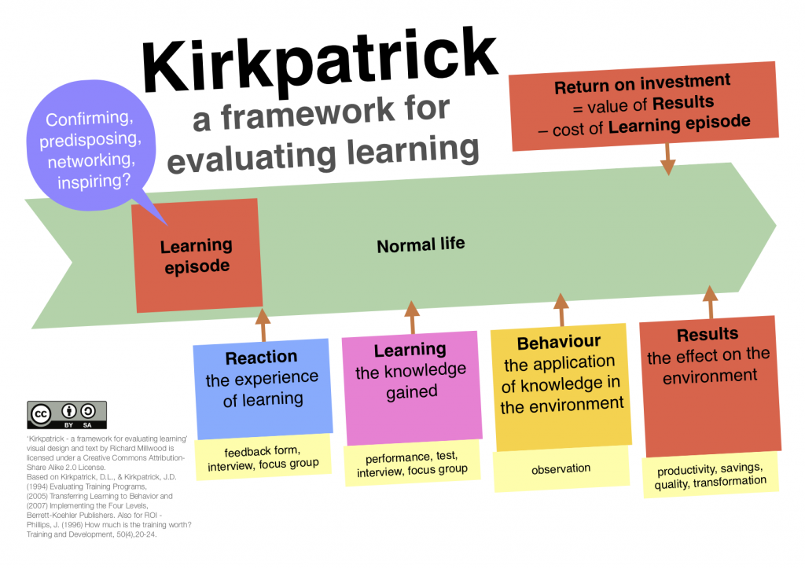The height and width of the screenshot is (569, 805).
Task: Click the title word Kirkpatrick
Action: [319, 61]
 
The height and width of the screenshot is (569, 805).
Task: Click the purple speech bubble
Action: [91, 146]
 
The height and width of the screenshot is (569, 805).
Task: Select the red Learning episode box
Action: [197, 255]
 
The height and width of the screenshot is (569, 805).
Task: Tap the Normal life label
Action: [421, 244]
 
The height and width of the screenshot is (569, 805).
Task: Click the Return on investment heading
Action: [642, 83]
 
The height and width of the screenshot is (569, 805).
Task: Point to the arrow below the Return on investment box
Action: [667, 159]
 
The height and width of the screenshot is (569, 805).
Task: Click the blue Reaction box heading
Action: [261, 357]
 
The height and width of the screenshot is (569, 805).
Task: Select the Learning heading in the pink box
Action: [410, 350]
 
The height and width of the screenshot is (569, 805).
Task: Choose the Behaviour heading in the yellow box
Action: [559, 342]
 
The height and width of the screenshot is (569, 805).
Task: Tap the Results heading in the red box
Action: [708, 335]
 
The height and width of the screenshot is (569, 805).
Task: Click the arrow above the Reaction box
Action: [263, 325]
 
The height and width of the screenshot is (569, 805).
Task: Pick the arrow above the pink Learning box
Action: [412, 317]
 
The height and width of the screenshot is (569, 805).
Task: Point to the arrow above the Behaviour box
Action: [561, 310]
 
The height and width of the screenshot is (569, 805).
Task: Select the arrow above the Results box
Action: [711, 302]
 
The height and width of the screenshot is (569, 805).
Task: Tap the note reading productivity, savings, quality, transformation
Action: [711, 475]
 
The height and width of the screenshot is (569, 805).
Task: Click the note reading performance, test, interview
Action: [412, 464]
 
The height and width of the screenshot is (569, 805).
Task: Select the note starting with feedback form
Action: [263, 457]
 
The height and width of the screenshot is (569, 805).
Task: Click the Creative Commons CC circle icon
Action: [41, 414]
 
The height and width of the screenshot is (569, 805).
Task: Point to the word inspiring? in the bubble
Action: [94, 181]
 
